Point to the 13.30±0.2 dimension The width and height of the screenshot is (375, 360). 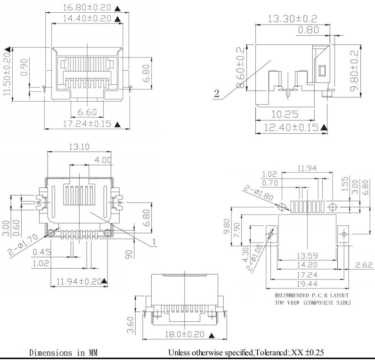point(292,19)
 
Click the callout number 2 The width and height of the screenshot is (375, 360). point(216,93)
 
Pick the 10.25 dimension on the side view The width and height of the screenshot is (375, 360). point(285,114)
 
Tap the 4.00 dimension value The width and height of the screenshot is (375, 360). point(103,160)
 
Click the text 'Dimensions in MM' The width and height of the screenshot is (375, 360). point(63,352)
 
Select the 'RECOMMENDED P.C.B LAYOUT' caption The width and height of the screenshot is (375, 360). point(313,295)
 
